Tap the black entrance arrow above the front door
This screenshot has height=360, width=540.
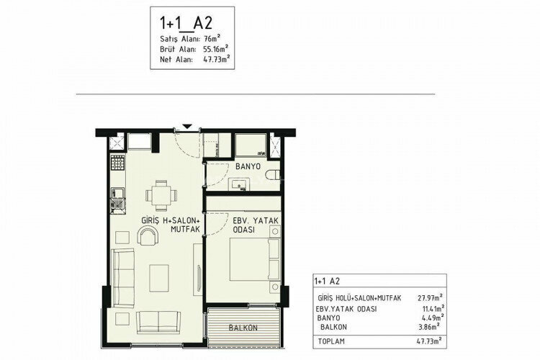pyautogui.click(x=186, y=127)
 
